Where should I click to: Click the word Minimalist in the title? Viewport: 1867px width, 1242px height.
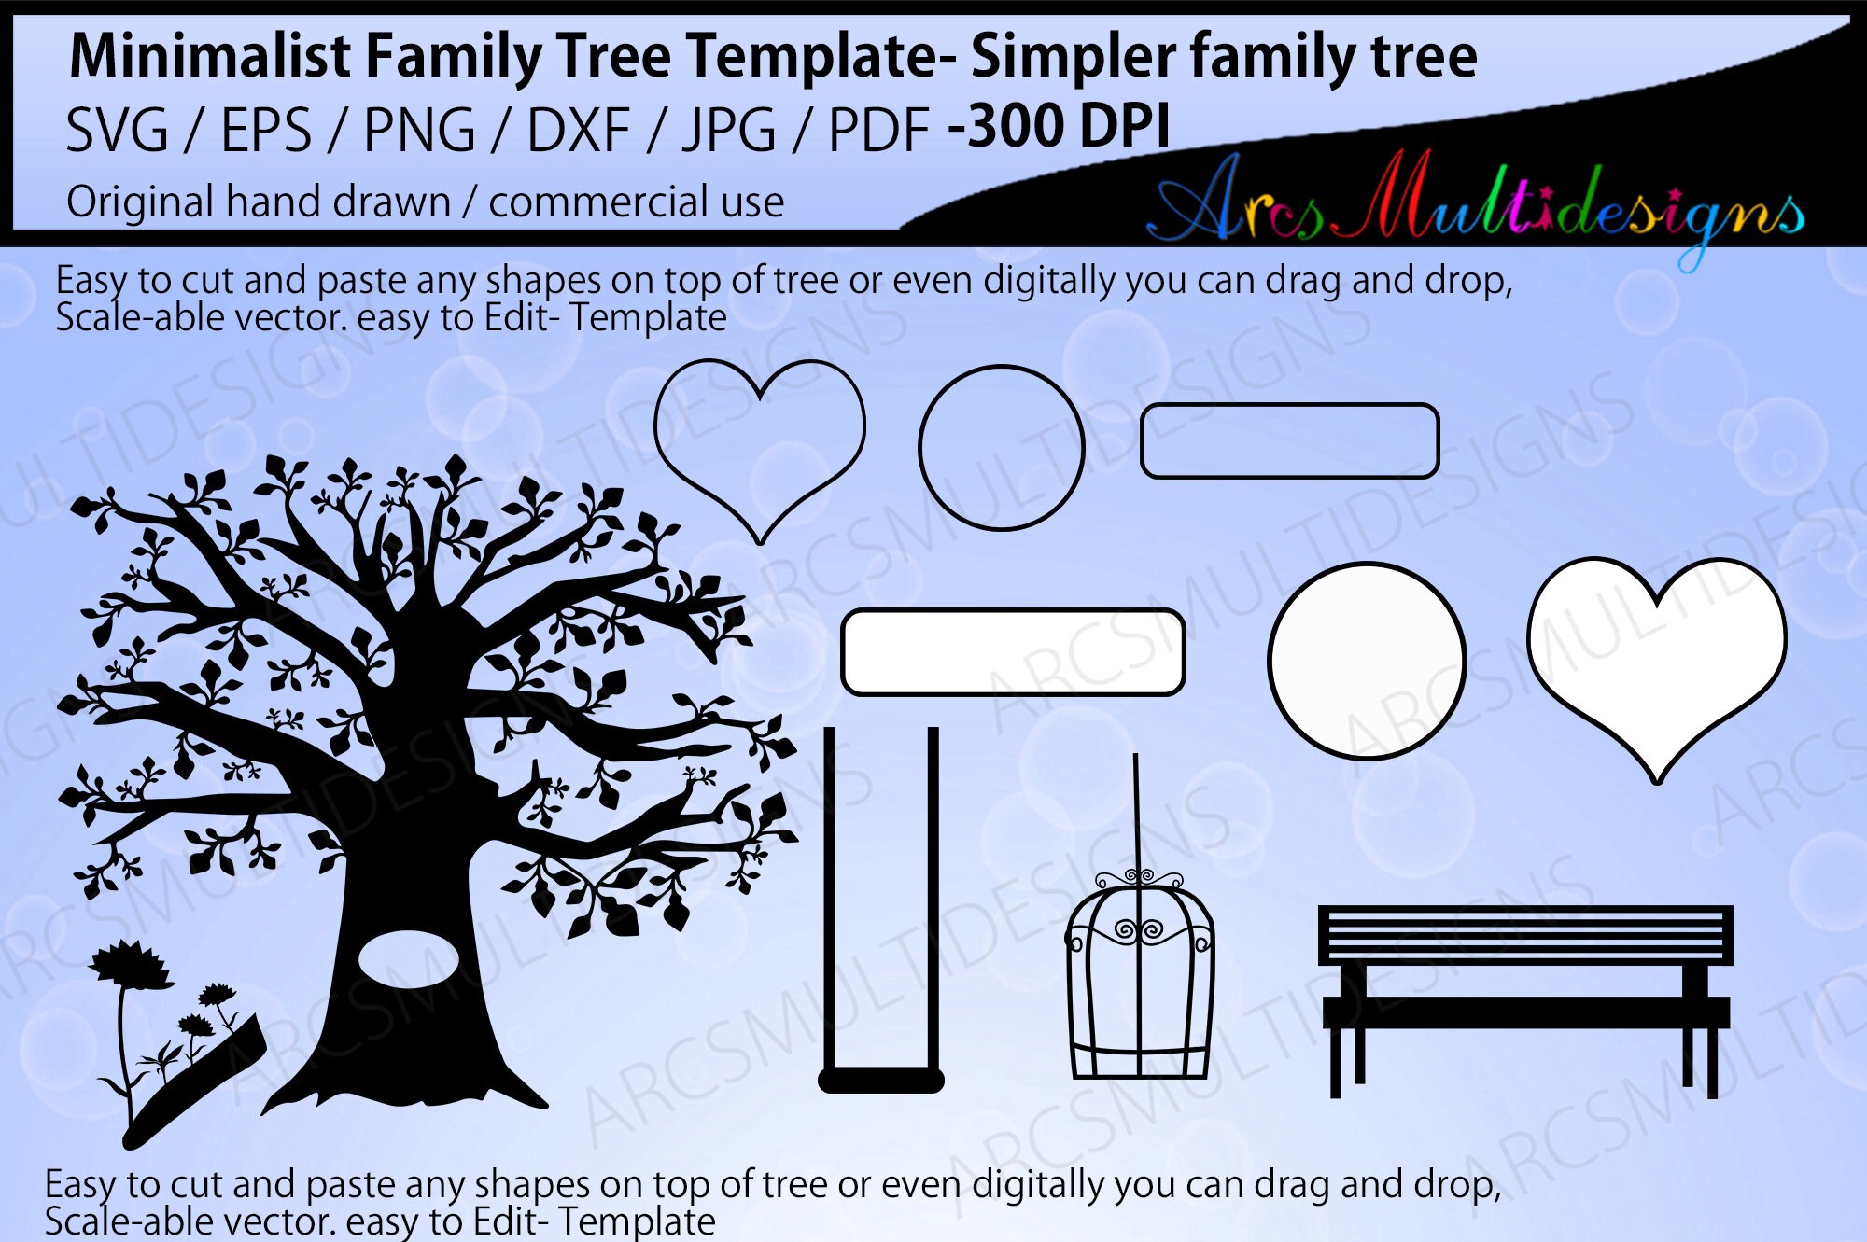[x=209, y=56]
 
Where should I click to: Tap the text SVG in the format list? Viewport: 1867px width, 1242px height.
[x=117, y=131]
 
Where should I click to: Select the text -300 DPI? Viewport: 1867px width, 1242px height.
[x=1059, y=127]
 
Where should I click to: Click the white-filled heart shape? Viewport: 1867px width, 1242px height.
[x=1657, y=653]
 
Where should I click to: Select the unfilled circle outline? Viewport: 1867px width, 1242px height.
[x=1002, y=448]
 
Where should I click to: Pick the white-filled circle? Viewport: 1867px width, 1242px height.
[x=1367, y=661]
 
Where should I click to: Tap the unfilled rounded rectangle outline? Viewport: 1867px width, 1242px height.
[x=1289, y=440]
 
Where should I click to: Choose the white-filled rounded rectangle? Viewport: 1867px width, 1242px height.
[x=1013, y=652]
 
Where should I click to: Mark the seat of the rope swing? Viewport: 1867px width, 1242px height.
[x=881, y=1081]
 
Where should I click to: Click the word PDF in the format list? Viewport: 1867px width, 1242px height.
[x=878, y=131]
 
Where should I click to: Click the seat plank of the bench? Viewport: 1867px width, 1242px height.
[x=1525, y=1012]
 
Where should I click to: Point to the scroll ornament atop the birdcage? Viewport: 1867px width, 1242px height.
[x=1138, y=877]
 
